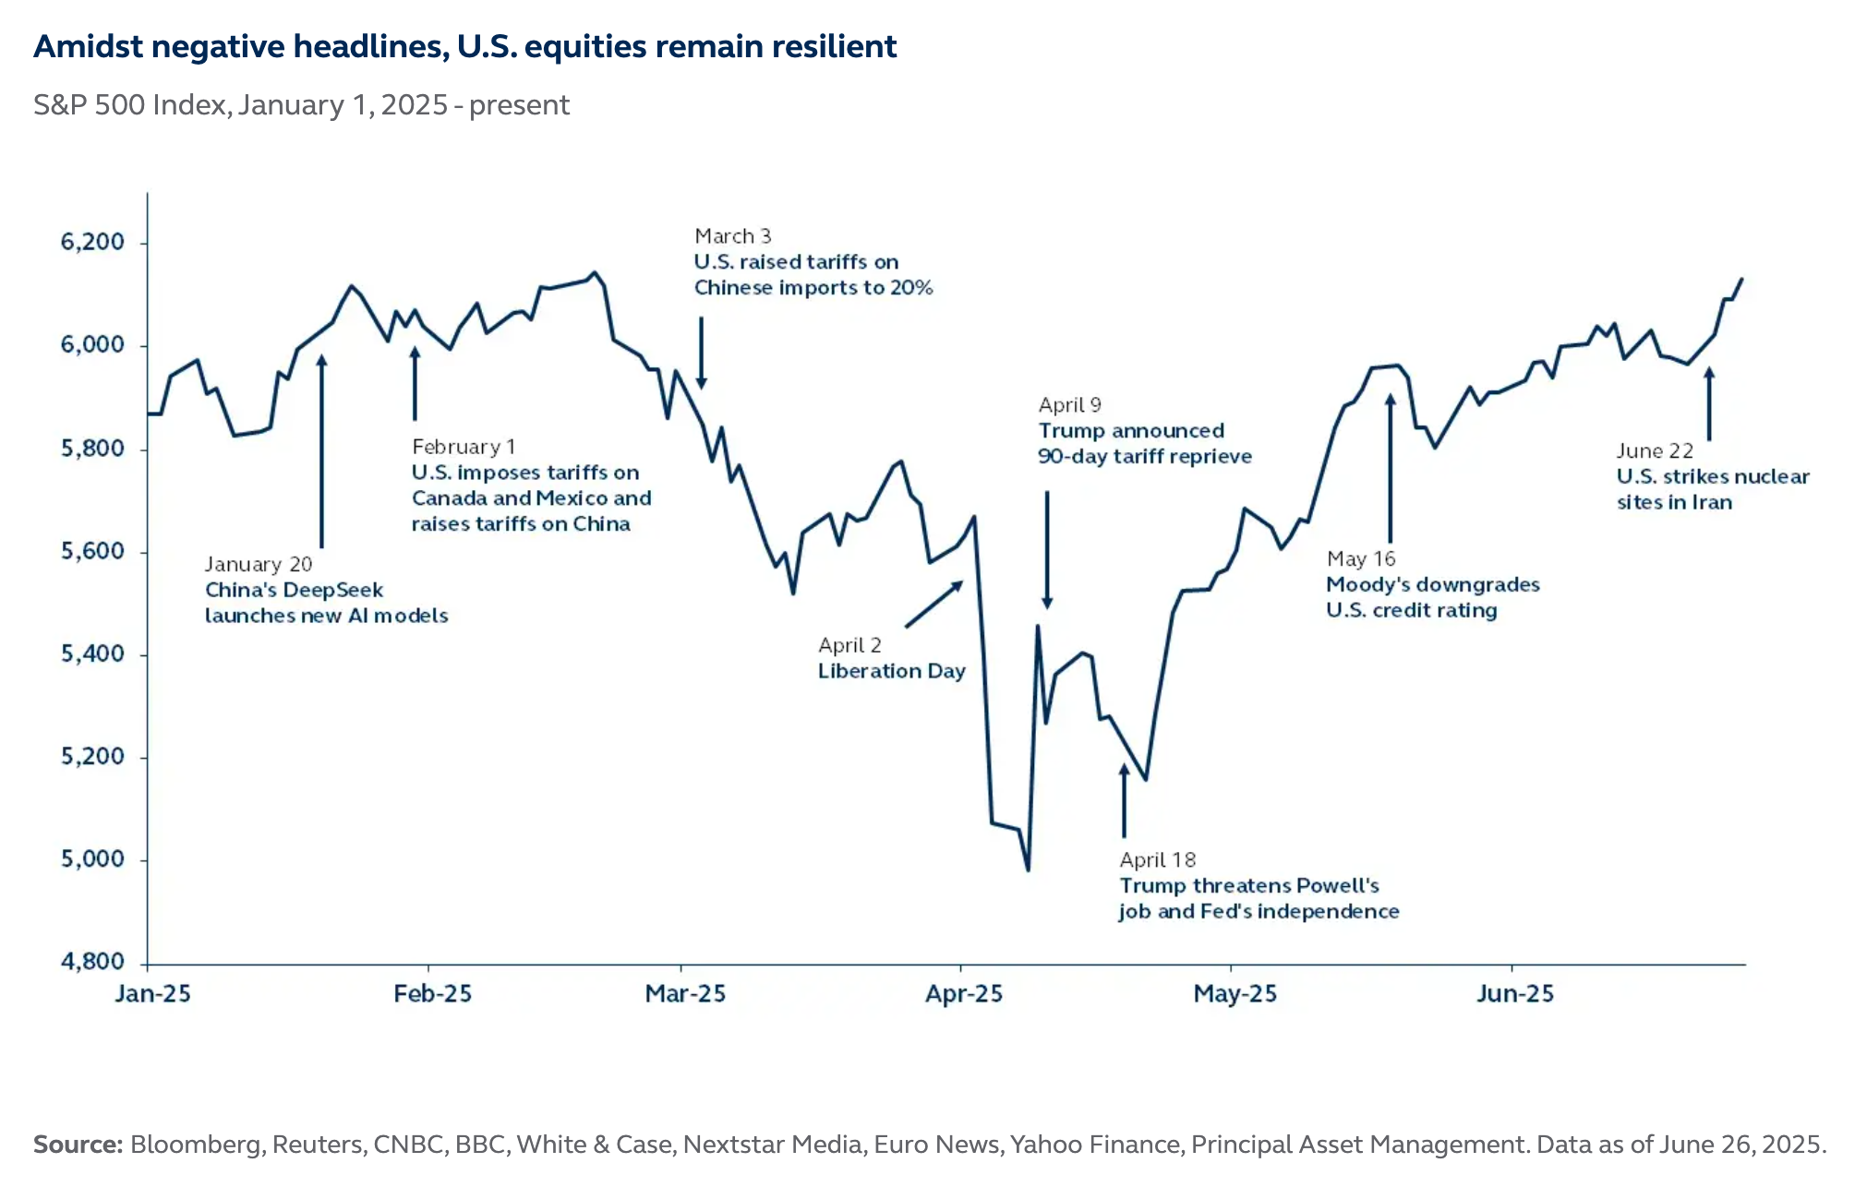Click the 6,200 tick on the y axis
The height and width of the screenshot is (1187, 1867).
[92, 243]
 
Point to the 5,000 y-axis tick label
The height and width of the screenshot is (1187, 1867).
[92, 859]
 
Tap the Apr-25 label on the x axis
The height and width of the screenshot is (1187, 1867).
[963, 994]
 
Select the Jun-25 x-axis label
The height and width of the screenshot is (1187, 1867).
[1514, 994]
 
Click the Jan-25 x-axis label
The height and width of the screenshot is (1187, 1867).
[152, 994]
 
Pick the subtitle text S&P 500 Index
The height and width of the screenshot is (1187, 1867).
[130, 105]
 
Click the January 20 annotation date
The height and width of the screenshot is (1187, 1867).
[259, 564]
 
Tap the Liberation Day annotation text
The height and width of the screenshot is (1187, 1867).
[891, 671]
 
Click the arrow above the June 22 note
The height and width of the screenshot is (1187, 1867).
[1709, 403]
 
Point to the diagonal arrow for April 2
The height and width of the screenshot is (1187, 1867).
[934, 604]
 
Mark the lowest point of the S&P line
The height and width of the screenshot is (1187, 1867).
[1028, 869]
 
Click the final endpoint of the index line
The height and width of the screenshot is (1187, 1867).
[1741, 279]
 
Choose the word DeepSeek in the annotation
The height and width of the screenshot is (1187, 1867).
[332, 590]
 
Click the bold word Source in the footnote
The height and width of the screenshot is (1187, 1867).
[78, 1145]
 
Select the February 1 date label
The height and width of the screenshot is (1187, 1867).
[464, 447]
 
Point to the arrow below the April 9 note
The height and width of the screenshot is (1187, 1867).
[1047, 549]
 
